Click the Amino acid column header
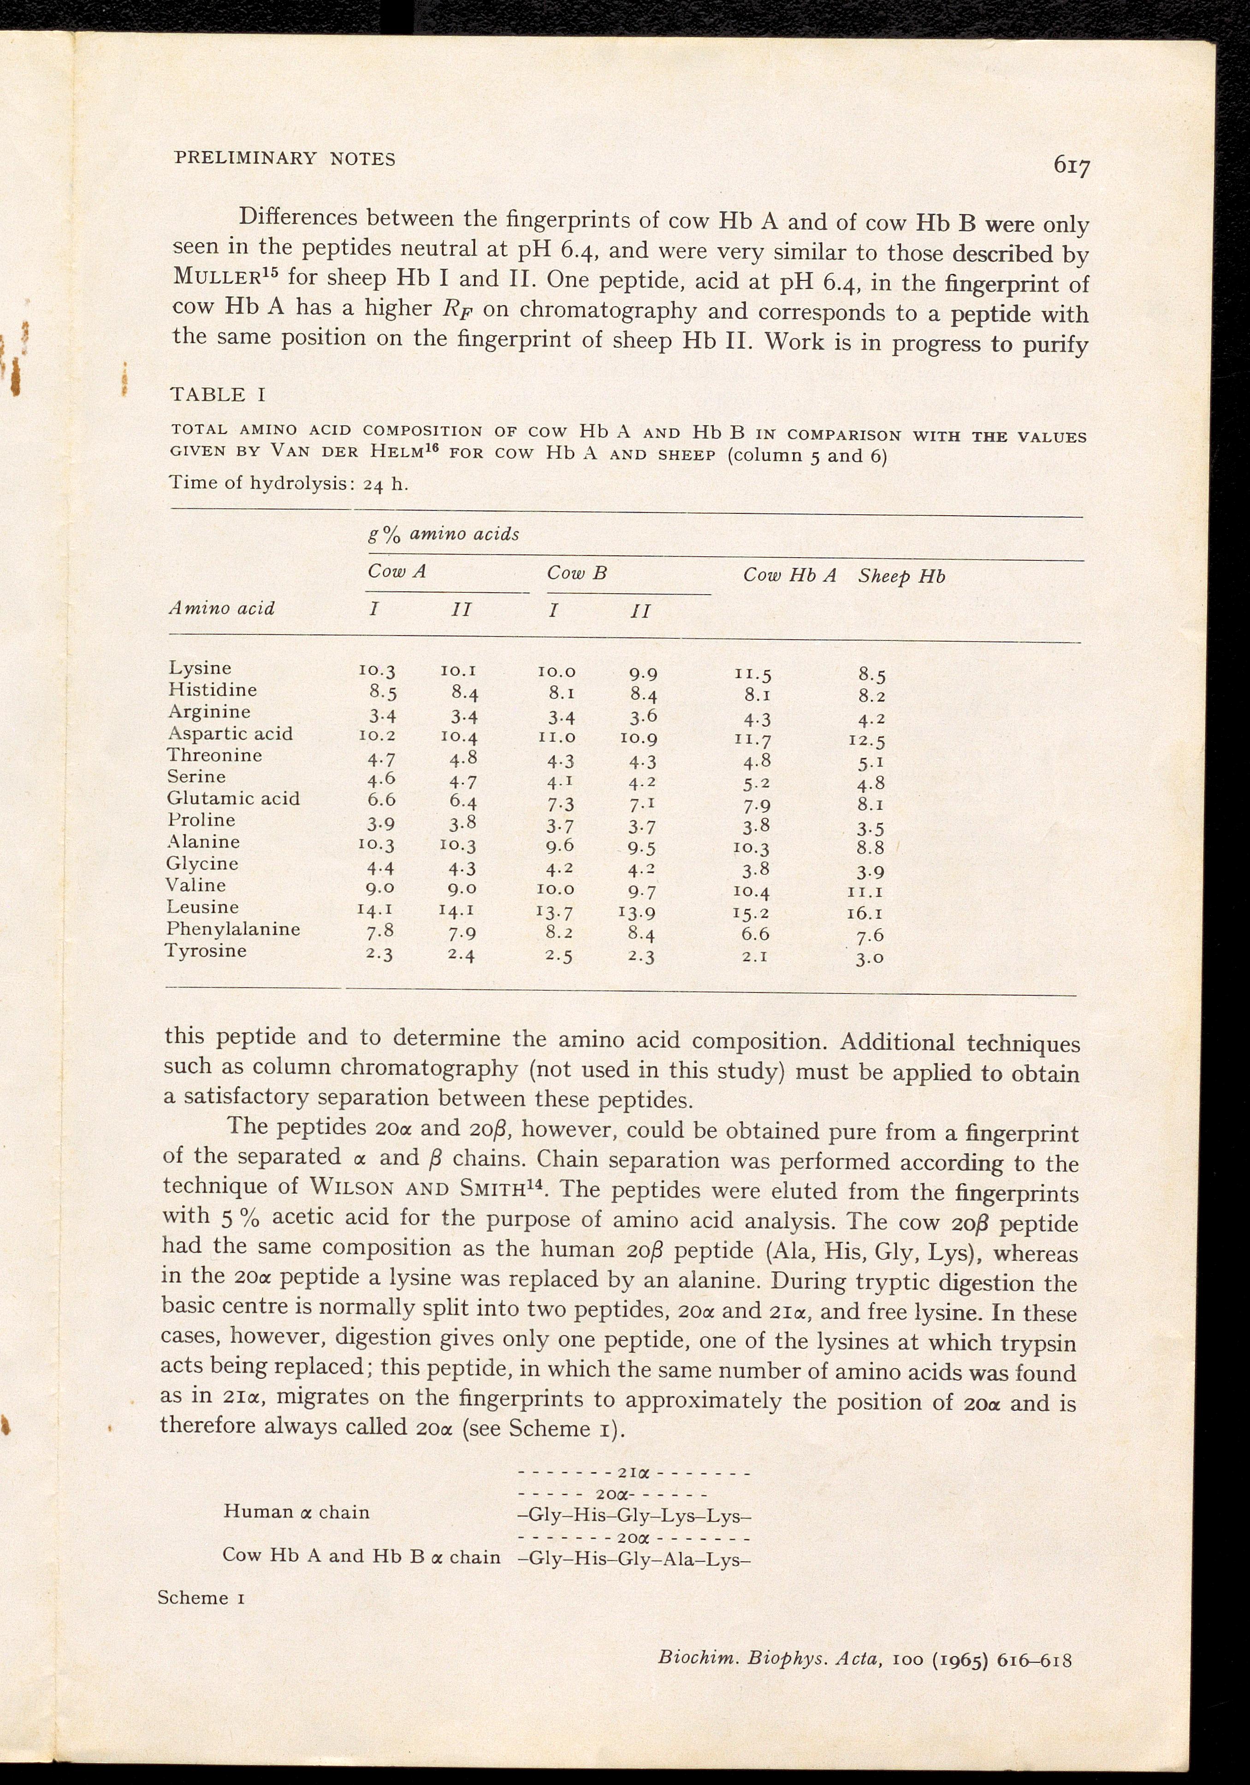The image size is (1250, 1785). point(221,608)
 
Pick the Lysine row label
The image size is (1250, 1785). point(200,668)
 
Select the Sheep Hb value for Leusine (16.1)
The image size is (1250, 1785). point(865,914)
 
